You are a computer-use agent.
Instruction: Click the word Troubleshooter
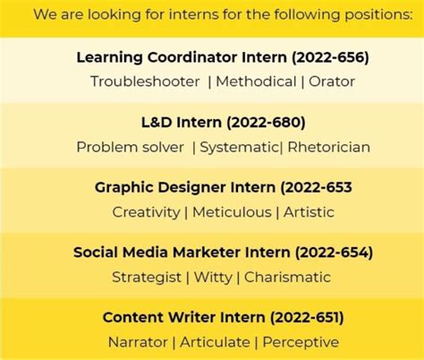[x=145, y=81]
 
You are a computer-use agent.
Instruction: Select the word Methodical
[x=257, y=81]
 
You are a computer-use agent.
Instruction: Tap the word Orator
[x=334, y=81]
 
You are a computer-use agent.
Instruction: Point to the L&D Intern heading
[x=223, y=123]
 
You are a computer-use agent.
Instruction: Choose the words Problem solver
[x=130, y=147]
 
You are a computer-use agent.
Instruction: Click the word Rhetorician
[x=329, y=147]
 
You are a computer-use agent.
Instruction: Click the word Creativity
[x=147, y=212]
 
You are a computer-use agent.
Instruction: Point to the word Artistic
[x=310, y=212]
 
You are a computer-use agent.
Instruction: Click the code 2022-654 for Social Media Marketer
[x=332, y=253]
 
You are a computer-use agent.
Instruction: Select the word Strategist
[x=146, y=277]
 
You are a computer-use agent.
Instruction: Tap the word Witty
[x=214, y=277]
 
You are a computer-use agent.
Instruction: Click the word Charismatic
[x=288, y=277]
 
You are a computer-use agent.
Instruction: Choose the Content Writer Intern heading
[x=223, y=318]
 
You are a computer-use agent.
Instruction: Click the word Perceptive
[x=301, y=342]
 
